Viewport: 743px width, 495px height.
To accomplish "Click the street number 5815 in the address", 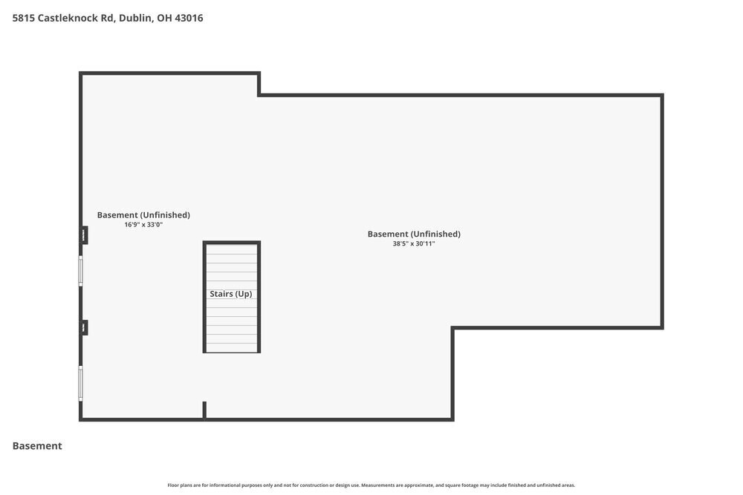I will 24,18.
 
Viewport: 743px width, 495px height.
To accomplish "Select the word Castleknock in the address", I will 68,18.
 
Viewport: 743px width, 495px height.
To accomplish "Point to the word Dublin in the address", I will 134,18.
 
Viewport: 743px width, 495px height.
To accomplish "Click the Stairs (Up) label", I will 231,294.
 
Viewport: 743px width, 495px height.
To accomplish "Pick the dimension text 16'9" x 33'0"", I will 143,224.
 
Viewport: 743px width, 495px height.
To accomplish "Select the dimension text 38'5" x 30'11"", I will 414,243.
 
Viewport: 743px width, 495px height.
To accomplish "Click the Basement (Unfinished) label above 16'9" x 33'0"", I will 143,215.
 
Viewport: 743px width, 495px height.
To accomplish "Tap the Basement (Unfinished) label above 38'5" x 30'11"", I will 414,234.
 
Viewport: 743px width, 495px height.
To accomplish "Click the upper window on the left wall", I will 81,271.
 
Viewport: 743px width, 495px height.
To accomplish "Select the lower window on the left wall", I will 81,384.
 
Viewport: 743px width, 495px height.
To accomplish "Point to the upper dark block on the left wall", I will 84,235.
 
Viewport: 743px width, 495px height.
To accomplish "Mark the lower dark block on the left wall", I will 84,327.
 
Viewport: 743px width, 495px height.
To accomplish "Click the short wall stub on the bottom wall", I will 204,410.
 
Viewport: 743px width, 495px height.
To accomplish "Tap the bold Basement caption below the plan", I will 37,446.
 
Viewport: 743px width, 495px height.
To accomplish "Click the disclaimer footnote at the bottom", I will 371,485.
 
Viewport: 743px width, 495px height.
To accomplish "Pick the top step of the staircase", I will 232,249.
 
